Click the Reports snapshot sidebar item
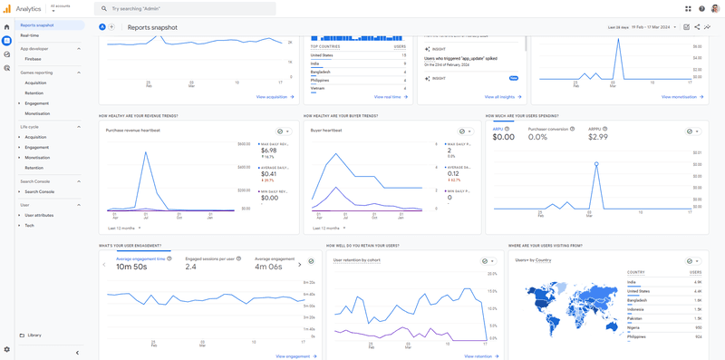click(37, 25)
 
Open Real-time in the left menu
click(30, 35)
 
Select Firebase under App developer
click(33, 59)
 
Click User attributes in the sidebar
click(39, 215)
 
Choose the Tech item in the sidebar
click(30, 226)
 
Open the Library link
click(34, 336)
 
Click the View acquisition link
click(273, 97)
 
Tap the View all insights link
click(500, 97)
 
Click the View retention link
click(478, 356)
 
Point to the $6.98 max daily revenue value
click(269, 151)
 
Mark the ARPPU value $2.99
click(598, 137)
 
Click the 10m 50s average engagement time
click(132, 268)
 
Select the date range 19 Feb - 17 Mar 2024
click(652, 27)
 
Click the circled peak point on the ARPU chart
click(596, 164)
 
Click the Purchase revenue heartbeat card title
click(133, 131)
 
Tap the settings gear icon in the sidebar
click(7, 349)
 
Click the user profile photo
click(715, 8)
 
